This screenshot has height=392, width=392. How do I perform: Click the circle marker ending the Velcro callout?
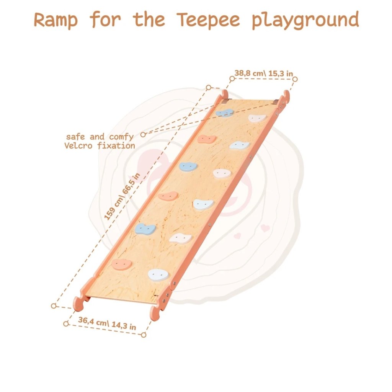tap(143, 134)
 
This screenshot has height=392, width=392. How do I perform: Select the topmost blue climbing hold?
tap(225, 113)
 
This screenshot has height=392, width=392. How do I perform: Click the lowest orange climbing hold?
tap(121, 263)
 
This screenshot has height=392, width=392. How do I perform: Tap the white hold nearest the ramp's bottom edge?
tap(158, 274)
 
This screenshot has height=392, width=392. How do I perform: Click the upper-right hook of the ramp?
tap(286, 95)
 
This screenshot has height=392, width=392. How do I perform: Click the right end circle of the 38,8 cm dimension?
tap(295, 79)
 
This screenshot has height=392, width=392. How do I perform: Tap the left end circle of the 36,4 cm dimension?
tap(66, 323)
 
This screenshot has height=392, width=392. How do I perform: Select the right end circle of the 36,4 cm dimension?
tap(144, 335)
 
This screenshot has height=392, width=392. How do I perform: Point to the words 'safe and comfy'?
tap(100, 137)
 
